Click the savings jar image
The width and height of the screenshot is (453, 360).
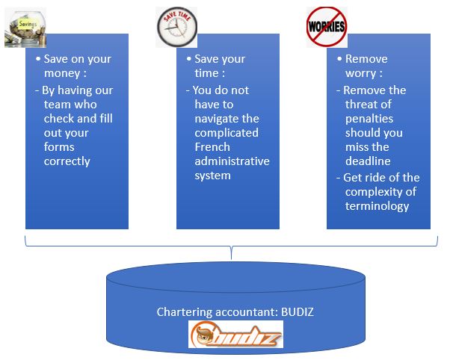[x=25, y=28]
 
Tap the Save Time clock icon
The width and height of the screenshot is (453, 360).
[x=177, y=27]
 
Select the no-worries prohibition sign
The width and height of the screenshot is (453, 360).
[x=327, y=27]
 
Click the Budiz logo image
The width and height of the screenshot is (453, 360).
[x=235, y=335]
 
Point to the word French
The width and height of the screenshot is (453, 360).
[x=212, y=147]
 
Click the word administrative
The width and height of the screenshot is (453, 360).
[x=232, y=161]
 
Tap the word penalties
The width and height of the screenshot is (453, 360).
[x=369, y=119]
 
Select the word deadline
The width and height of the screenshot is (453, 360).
[x=368, y=161]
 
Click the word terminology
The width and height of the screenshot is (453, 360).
[x=377, y=206]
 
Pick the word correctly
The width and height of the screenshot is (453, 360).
[x=67, y=161]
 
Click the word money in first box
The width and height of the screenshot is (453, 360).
[x=62, y=73]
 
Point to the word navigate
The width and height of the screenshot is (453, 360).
[x=215, y=119]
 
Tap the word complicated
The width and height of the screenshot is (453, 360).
[x=226, y=133]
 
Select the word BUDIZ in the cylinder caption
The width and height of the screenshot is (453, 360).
[x=298, y=312]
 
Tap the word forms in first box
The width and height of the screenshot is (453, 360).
[x=59, y=147]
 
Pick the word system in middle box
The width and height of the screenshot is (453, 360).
[x=212, y=176]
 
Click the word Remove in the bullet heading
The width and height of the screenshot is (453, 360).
[x=366, y=59]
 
